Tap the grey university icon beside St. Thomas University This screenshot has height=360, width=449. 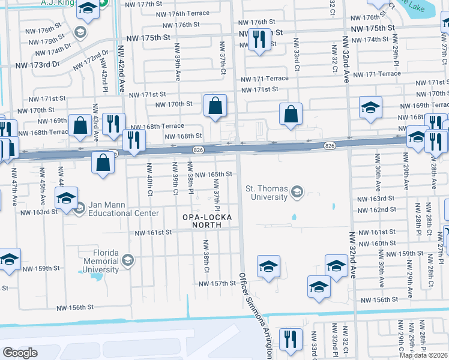(x=296, y=192)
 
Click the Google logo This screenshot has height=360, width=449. (x=20, y=353)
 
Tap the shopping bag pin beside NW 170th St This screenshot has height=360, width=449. (x=215, y=106)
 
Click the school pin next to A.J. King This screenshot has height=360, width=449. (x=88, y=9)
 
